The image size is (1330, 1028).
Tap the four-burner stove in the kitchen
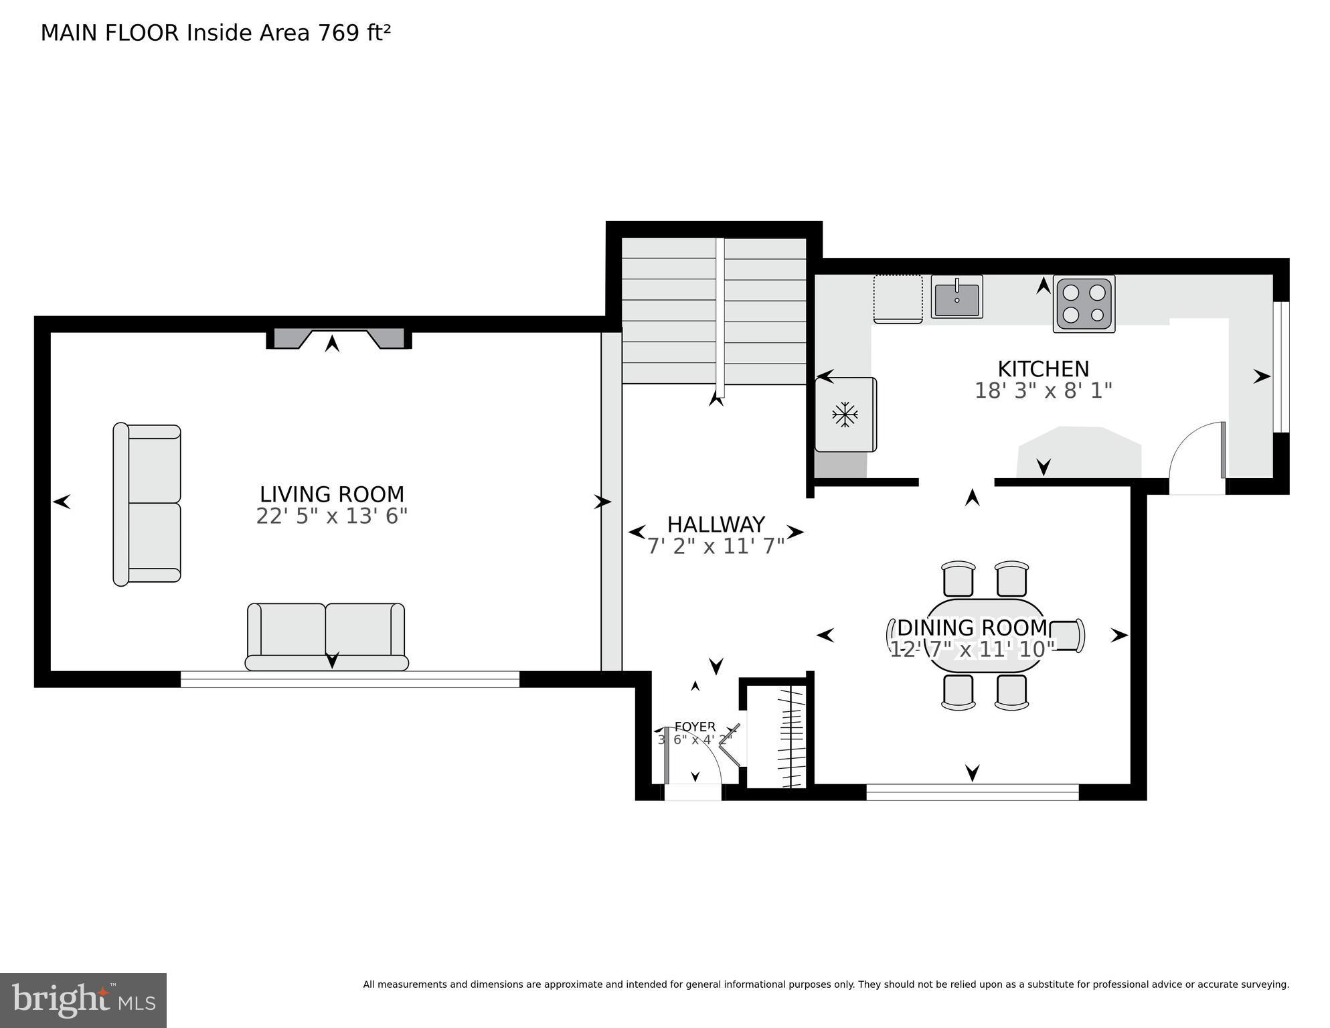[x=1084, y=303]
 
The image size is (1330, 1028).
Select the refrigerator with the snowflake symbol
[x=845, y=415]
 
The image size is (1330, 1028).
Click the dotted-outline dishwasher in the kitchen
[x=898, y=297]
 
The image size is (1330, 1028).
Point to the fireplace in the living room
[x=339, y=339]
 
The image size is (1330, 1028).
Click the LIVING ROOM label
[x=332, y=494]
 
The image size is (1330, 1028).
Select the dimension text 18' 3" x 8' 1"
[x=1043, y=390]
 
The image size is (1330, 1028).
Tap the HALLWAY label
[x=716, y=524]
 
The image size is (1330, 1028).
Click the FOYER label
[x=695, y=727]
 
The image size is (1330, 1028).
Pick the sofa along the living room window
[x=327, y=636]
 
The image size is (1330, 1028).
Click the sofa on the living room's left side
[x=147, y=504]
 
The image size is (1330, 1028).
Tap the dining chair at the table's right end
[x=1067, y=634]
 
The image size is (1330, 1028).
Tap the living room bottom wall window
[x=349, y=679]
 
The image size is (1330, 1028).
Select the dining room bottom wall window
[x=972, y=792]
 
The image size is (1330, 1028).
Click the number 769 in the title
[x=339, y=33]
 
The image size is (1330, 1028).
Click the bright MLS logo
[x=83, y=1000]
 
